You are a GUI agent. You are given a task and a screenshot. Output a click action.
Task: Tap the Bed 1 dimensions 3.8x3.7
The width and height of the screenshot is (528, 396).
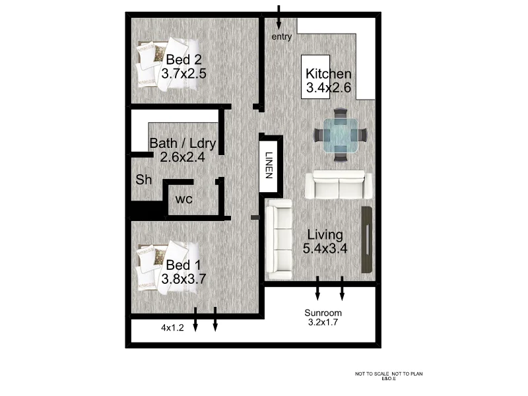tap(184, 279)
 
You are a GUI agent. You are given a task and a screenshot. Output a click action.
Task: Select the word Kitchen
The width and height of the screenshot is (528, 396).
tap(329, 74)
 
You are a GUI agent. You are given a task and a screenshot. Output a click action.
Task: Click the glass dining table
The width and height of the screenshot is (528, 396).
tap(340, 134)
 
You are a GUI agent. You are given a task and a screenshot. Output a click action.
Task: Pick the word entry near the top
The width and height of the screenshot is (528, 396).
tap(282, 37)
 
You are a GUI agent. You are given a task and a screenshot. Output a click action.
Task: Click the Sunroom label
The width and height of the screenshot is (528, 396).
tap(323, 313)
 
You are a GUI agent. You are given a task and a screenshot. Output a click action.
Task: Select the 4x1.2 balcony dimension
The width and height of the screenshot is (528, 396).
tap(173, 327)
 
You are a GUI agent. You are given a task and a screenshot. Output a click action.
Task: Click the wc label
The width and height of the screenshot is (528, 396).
tap(183, 199)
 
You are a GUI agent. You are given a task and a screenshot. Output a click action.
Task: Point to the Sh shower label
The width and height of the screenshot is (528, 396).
tap(144, 180)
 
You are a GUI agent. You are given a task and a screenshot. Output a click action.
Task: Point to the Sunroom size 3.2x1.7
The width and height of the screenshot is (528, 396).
tap(324, 323)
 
